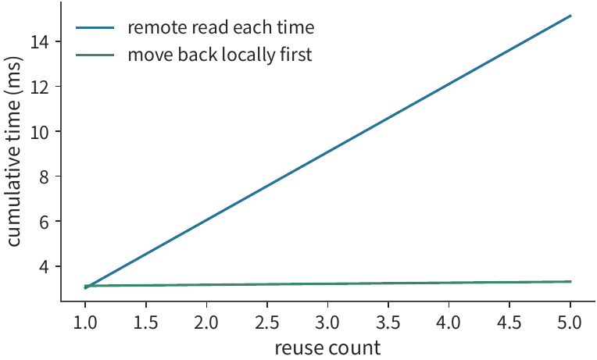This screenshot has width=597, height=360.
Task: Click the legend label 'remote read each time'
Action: coord(221,28)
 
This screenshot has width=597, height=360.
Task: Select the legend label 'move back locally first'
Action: coord(220,55)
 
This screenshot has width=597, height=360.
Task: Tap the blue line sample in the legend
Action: coord(95,28)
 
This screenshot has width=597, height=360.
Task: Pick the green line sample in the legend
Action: coord(95,55)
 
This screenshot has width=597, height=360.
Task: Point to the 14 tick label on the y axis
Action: coord(39,41)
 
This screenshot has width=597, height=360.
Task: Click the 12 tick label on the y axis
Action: coord(39,87)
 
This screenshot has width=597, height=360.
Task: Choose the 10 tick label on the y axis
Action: coord(39,131)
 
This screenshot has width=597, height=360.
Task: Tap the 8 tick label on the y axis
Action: coord(45,176)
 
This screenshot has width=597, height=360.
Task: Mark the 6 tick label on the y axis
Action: coord(45,222)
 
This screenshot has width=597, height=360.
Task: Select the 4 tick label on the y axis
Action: coord(45,266)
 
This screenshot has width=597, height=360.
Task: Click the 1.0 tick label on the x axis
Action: coord(85,323)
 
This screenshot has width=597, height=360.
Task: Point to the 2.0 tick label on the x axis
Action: coord(206,323)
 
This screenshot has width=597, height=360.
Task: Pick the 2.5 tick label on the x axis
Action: coord(267,323)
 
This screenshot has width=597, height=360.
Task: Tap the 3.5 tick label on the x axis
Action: coord(388,323)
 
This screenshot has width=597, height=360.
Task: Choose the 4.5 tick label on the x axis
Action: coord(509,323)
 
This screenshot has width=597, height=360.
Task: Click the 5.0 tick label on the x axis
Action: coord(570,323)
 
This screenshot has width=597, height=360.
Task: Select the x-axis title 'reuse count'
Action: coord(327,348)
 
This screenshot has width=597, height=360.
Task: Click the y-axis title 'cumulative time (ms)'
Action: coord(14,151)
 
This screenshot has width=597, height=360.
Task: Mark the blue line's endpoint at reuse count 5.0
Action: coord(570,16)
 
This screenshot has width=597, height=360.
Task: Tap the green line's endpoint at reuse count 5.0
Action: coord(570,281)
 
